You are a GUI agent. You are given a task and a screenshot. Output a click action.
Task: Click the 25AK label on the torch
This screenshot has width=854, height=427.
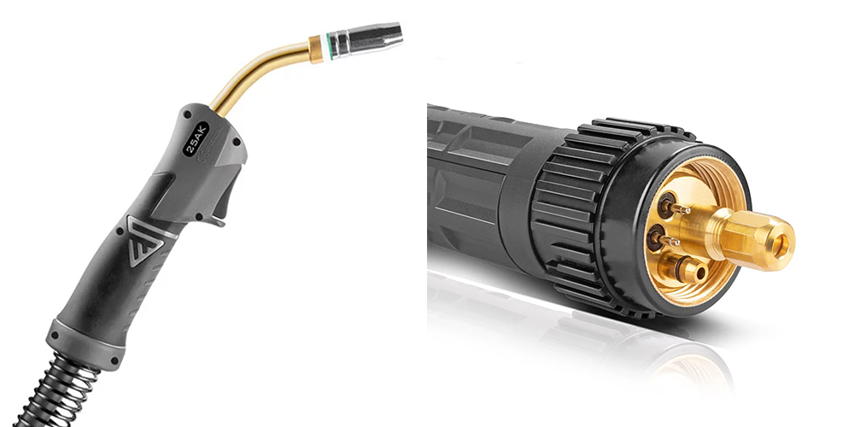coord(196,138)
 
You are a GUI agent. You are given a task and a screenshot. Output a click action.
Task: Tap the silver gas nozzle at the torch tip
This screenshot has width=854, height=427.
coord(366,40)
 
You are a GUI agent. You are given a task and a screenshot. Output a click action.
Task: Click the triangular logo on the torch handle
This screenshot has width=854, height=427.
coord(145,240)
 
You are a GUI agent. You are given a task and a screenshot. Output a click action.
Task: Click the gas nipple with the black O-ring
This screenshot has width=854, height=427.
coord(683,268)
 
